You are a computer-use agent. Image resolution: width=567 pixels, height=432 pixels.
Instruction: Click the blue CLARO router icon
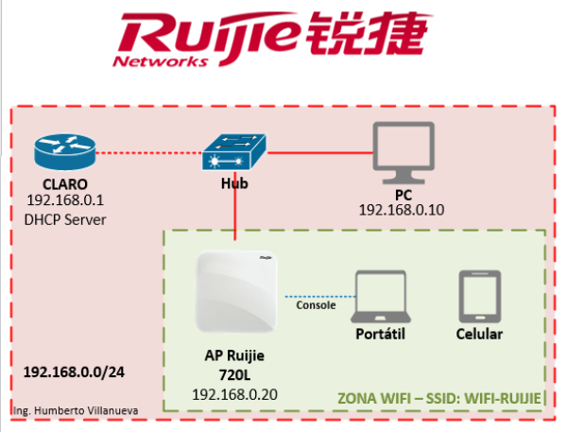64,152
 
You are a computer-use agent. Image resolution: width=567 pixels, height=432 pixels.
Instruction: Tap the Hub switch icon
234,152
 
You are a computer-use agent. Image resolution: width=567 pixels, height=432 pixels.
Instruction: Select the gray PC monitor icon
404,153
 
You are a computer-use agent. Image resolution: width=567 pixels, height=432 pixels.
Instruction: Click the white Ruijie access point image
236,291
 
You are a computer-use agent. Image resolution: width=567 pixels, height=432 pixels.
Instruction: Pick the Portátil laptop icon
381,296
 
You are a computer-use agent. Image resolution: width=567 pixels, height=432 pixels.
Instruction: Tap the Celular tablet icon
480,296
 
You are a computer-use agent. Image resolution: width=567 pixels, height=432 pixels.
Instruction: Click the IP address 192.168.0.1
65,200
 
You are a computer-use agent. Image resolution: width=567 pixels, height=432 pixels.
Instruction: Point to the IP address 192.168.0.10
402,210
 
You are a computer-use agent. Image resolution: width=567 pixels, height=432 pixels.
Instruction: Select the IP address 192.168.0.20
234,394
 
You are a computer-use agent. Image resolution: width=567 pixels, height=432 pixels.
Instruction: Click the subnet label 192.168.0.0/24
74,372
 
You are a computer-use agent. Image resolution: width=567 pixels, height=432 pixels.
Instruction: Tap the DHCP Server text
65,220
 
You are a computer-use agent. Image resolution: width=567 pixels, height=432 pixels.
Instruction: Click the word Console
316,305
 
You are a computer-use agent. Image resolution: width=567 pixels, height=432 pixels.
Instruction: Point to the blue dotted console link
320,297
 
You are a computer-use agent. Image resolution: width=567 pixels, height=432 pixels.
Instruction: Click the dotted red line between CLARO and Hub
149,153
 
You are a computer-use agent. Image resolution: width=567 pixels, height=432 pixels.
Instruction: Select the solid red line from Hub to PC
320,153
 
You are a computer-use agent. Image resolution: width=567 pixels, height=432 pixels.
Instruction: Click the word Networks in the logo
161,61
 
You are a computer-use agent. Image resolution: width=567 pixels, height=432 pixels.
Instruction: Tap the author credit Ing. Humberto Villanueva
76,410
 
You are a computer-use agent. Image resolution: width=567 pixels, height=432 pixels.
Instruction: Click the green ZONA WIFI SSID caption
439,398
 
